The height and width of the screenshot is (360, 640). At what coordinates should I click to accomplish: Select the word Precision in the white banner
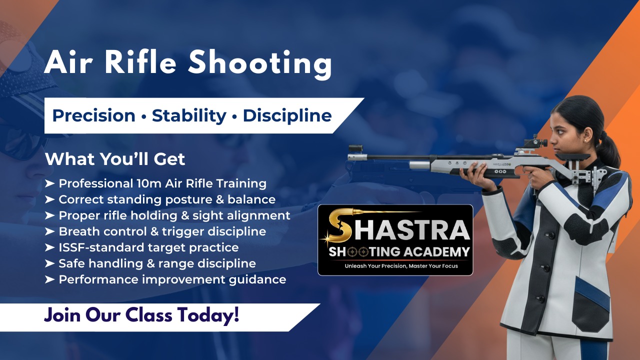pyautogui.click(x=93, y=116)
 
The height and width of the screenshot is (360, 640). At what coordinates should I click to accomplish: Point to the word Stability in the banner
pyautogui.click(x=189, y=116)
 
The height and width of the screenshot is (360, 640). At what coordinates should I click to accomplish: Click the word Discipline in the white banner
pyautogui.click(x=287, y=116)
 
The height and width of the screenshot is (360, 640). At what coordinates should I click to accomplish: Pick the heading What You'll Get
pyautogui.click(x=115, y=159)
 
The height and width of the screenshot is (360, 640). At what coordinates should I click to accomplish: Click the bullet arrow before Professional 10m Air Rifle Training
pyautogui.click(x=49, y=184)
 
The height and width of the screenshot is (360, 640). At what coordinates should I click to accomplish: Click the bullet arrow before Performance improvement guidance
pyautogui.click(x=49, y=279)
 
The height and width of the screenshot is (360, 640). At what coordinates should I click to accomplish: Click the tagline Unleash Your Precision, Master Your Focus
pyautogui.click(x=401, y=266)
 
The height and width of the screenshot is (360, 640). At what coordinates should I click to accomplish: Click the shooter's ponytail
pyautogui.click(x=611, y=150)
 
